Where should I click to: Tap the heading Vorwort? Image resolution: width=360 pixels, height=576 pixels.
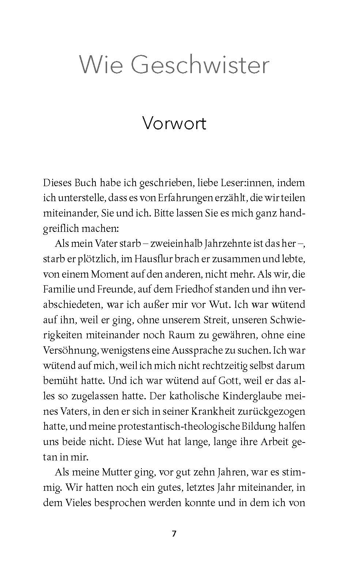coord(174,123)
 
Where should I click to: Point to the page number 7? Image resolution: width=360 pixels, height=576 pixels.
coord(174,534)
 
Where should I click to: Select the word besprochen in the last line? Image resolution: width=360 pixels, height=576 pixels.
coord(120,502)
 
